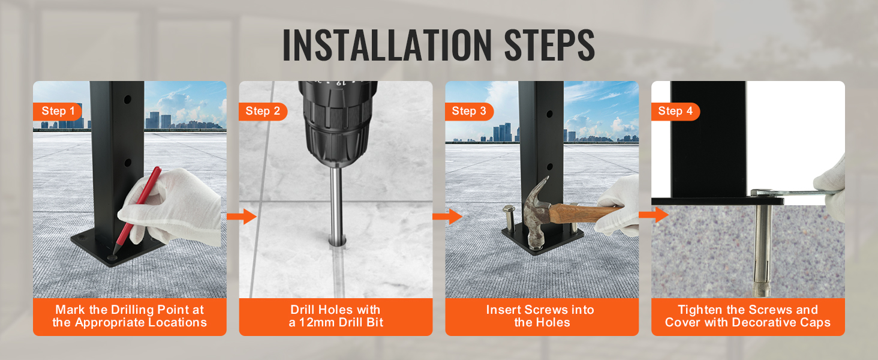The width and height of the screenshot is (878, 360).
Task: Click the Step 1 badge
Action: [57, 112]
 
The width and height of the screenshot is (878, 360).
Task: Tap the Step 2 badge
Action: [263, 112]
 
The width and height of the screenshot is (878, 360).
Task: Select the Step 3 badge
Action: [469, 112]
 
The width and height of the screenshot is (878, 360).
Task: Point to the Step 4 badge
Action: [675, 112]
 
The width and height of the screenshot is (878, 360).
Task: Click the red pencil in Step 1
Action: [137, 210]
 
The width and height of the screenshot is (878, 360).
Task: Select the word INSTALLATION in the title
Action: [387, 45]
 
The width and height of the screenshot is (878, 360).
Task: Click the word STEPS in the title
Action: [549, 45]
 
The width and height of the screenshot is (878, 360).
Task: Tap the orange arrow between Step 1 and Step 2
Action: [242, 217]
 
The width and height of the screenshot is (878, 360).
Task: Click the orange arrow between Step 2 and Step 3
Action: [447, 217]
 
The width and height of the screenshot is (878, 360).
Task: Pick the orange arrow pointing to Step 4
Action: [654, 215]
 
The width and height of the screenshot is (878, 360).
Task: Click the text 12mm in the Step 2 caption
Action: [317, 322]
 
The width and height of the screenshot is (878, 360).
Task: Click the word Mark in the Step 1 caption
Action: [70, 310]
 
